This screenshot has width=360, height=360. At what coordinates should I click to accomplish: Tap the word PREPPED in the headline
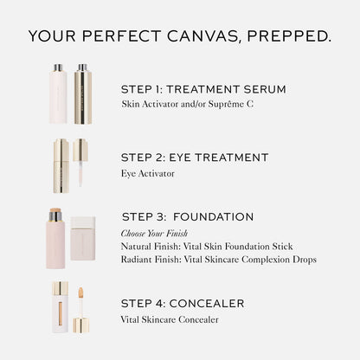(x=289, y=36)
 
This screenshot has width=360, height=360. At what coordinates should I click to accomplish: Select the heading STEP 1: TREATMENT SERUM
(x=203, y=89)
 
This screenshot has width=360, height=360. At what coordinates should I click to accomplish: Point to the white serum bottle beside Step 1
(x=58, y=94)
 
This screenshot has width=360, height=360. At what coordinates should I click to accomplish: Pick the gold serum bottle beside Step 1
(x=83, y=94)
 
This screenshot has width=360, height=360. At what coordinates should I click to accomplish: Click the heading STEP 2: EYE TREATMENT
(x=195, y=157)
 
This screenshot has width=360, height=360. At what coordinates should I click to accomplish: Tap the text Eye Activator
(x=148, y=173)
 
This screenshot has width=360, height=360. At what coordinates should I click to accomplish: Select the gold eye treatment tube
(x=61, y=166)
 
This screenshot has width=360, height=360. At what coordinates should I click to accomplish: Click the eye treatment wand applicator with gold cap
(x=80, y=163)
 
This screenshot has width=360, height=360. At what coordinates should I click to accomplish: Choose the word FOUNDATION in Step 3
(x=213, y=217)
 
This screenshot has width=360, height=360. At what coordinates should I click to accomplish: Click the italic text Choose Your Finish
(x=154, y=233)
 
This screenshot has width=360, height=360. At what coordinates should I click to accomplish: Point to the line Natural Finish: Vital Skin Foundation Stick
(x=207, y=247)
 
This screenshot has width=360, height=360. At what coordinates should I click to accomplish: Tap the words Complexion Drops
(x=279, y=260)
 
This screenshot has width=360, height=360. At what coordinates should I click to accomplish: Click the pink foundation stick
(x=55, y=239)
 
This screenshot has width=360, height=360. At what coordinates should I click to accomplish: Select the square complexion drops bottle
(x=83, y=239)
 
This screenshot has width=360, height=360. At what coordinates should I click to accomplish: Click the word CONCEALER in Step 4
(x=207, y=304)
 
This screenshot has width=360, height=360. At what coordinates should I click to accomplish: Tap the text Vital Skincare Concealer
(x=170, y=319)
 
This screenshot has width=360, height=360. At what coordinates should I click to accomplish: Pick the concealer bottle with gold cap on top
(x=61, y=307)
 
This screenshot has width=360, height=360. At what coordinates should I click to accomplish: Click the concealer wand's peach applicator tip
(x=80, y=292)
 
